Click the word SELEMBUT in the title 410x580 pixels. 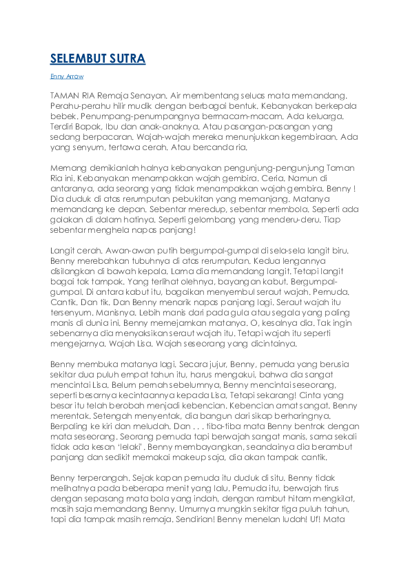click(x=78, y=59)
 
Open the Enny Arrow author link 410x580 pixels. click(x=67, y=76)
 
